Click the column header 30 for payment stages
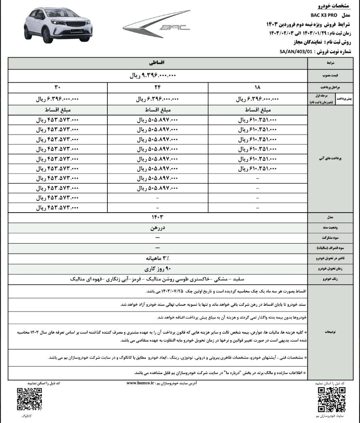(x=57, y=88)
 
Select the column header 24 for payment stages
(x=157, y=88)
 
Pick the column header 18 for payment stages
(x=257, y=88)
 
